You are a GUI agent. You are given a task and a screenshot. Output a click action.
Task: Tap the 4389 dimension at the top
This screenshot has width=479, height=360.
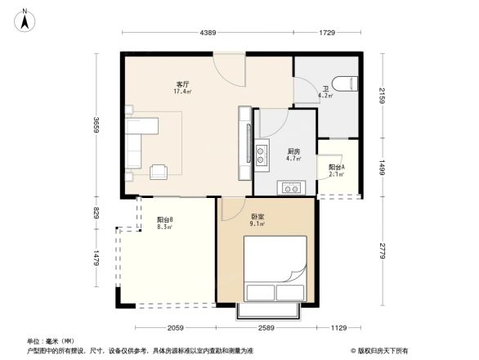tap(208, 32)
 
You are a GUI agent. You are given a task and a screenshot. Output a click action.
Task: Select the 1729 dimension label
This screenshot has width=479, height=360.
tap(327, 32)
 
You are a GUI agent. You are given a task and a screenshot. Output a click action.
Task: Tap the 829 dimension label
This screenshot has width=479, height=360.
tap(96, 213)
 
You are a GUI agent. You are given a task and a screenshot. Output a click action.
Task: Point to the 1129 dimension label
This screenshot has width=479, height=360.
tap(338, 329)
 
